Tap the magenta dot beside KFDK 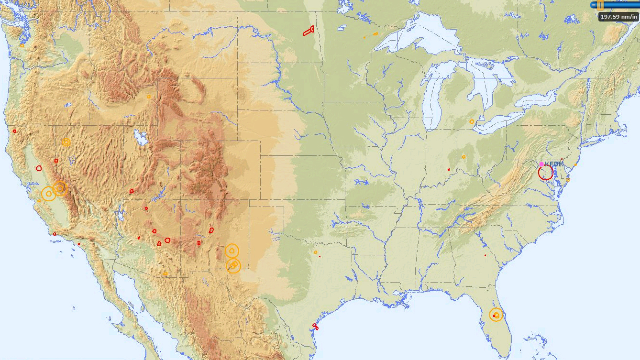(x=541, y=164)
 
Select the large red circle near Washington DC (x=545, y=173)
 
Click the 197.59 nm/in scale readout (x=619, y=17)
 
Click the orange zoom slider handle (x=600, y=5)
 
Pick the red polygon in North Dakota (x=309, y=31)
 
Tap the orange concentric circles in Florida (x=497, y=315)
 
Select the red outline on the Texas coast (x=315, y=327)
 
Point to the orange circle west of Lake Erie (x=472, y=121)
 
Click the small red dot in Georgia (x=485, y=255)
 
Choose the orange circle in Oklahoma (x=316, y=252)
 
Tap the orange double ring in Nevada (x=66, y=142)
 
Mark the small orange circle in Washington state (x=22, y=45)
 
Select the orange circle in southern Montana (x=149, y=97)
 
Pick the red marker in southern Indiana (x=449, y=169)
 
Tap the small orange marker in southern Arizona (x=166, y=274)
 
